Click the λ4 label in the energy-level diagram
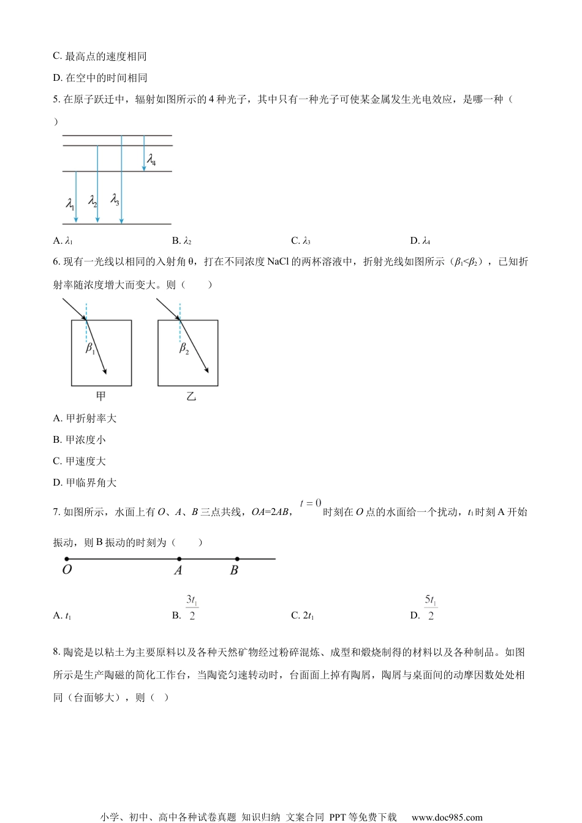pos(151,160)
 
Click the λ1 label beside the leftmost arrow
pos(70,203)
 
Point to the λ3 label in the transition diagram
pos(115,200)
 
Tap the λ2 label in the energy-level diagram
pos(93,200)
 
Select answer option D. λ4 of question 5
pos(420,241)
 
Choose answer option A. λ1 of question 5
pos(63,241)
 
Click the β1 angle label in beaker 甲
pos(90,348)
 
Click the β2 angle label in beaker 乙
pos(184,348)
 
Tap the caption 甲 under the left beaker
pos(101,397)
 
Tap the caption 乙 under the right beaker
pos(191,397)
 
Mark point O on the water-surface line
pos(67,559)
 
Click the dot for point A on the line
pos(179,559)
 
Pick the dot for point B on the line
pos(237,559)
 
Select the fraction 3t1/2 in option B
pos(192,607)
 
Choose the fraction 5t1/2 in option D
pos(431,607)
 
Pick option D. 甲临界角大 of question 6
pos(85,483)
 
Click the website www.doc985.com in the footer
pos(447,817)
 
